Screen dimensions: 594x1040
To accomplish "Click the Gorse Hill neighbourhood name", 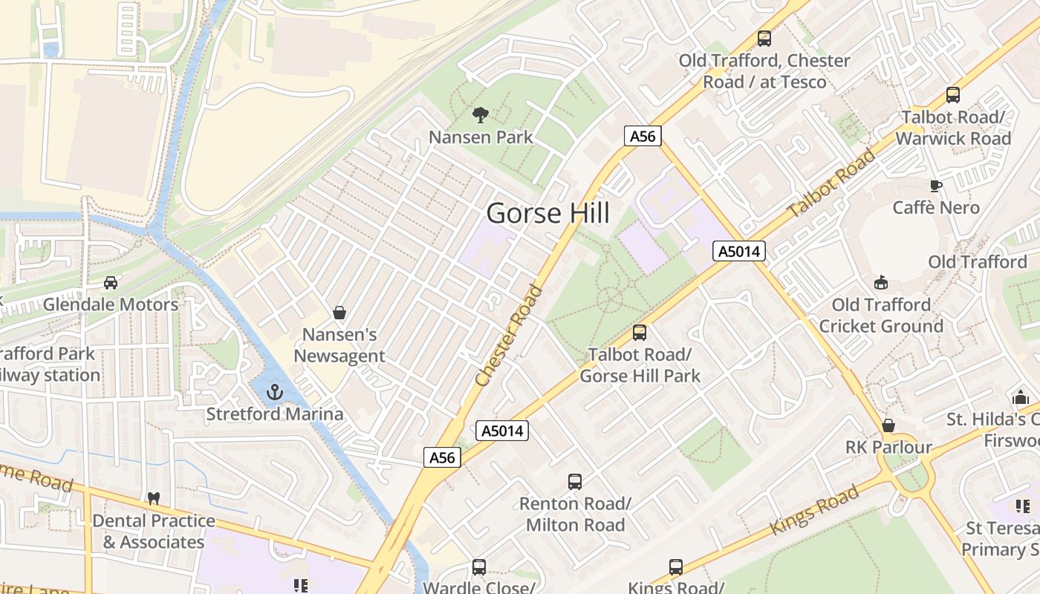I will pyautogui.click(x=548, y=213).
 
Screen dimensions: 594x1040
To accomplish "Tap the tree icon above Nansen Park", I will pyautogui.click(x=481, y=114).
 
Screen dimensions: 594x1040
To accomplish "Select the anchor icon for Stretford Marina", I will pyautogui.click(x=275, y=391).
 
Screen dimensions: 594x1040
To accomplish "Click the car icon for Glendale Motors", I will pyautogui.click(x=111, y=282).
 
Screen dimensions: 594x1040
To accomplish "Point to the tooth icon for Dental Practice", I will pyautogui.click(x=154, y=498).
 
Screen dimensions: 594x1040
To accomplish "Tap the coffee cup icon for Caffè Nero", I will pyautogui.click(x=936, y=186).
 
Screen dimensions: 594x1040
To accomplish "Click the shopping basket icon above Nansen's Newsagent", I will pyautogui.click(x=339, y=313).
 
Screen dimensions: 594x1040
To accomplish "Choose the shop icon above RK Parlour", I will pyautogui.click(x=888, y=425).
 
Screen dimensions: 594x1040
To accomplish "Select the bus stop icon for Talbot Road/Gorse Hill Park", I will pyautogui.click(x=640, y=333).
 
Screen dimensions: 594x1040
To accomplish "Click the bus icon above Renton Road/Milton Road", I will pyautogui.click(x=575, y=481).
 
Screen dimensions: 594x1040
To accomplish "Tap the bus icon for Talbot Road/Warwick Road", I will pyautogui.click(x=953, y=95).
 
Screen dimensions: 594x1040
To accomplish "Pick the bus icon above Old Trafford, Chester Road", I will pyautogui.click(x=764, y=38).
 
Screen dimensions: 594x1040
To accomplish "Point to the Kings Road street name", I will pyautogui.click(x=815, y=509).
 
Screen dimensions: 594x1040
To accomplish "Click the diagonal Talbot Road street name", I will pyautogui.click(x=832, y=183).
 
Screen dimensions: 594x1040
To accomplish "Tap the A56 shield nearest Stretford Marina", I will pyautogui.click(x=443, y=457).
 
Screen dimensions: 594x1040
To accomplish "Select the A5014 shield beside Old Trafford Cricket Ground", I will pyautogui.click(x=739, y=251).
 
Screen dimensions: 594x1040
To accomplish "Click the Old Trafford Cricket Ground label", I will pyautogui.click(x=880, y=315).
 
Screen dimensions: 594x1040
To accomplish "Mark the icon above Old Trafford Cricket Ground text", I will pyautogui.click(x=881, y=282).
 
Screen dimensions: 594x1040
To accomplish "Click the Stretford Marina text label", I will pyautogui.click(x=275, y=414).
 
